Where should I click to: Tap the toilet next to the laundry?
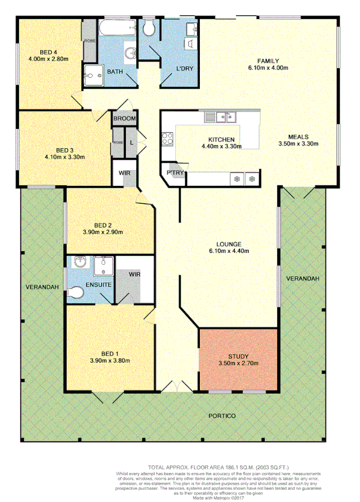click(x=149, y=27)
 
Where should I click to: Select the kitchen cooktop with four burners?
click(x=168, y=139)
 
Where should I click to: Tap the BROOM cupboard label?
click(x=125, y=119)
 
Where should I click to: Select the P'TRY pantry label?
click(x=175, y=173)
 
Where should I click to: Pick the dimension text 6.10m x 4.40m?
click(x=228, y=251)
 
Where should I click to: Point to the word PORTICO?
click(x=222, y=416)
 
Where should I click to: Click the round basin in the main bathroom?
click(x=131, y=53)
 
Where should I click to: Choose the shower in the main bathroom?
click(x=91, y=73)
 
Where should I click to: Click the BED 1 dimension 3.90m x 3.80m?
click(x=110, y=360)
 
